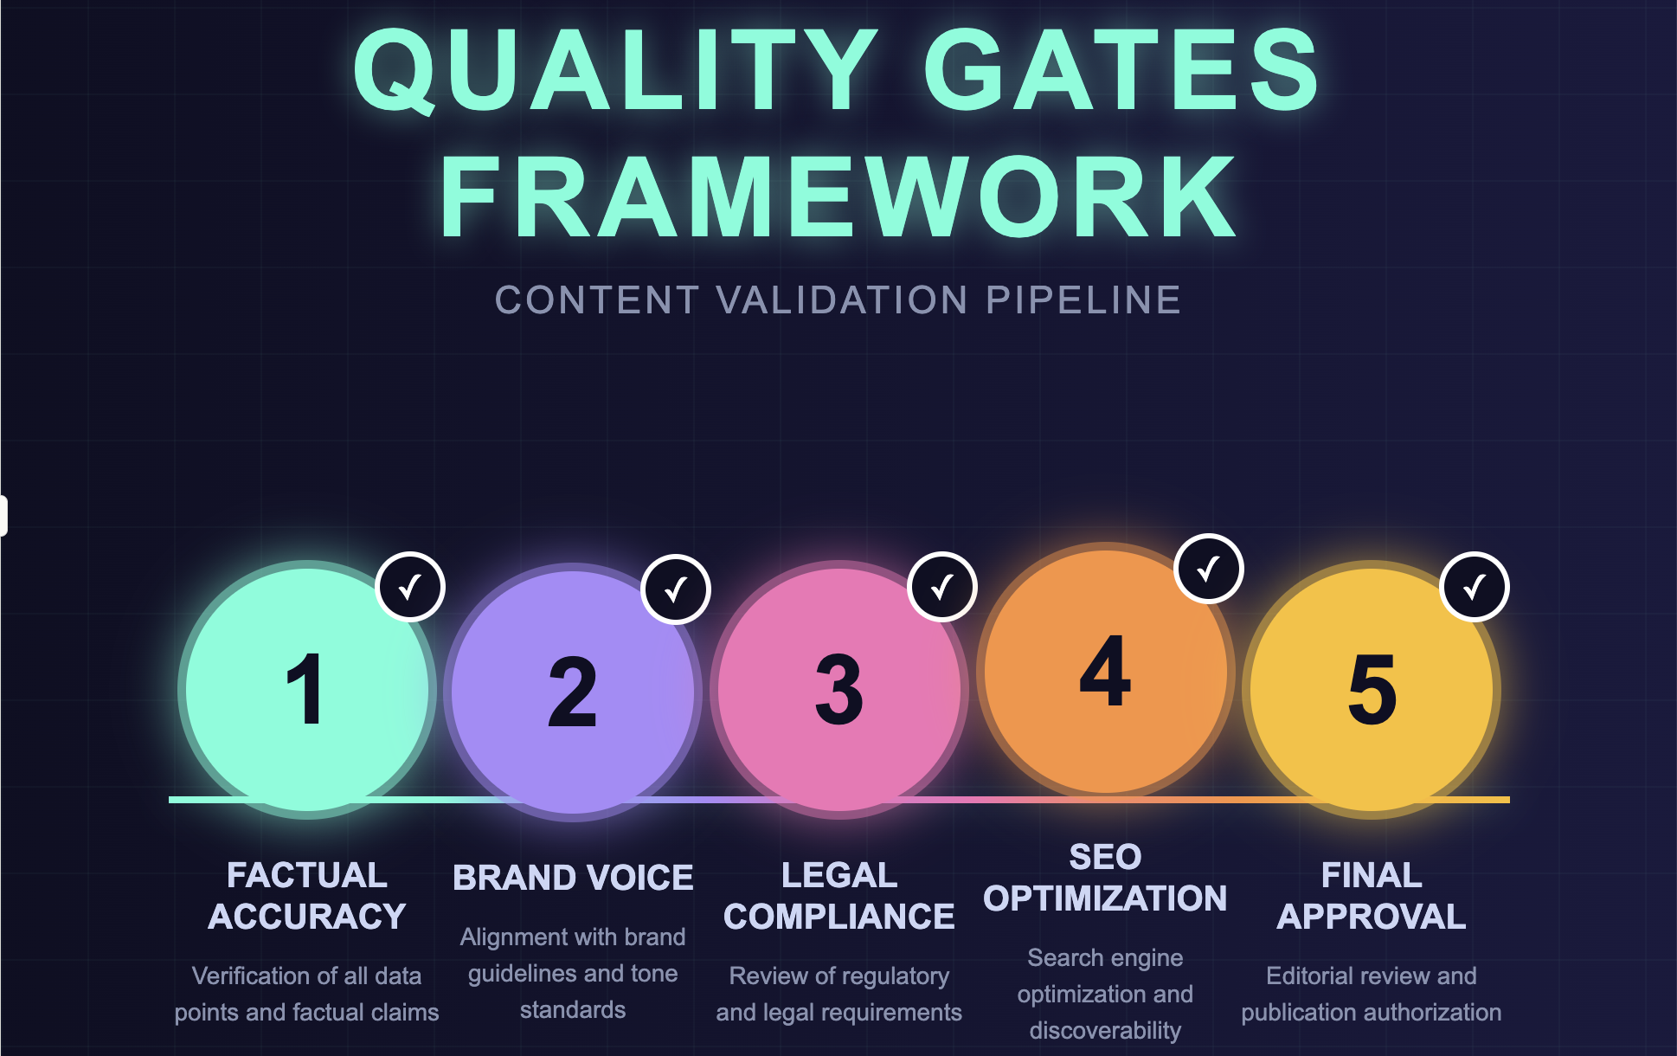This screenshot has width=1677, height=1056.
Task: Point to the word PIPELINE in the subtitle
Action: coord(1083,300)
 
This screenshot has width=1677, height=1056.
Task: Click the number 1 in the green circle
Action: coord(305,690)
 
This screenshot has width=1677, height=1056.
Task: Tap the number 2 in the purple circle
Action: coord(572,692)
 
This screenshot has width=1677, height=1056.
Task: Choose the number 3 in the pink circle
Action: coord(838,690)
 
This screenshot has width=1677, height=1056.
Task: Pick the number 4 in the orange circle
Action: coord(1105,672)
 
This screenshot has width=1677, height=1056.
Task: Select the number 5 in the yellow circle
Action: coord(1372,690)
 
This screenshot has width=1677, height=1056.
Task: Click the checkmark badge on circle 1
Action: coord(410,587)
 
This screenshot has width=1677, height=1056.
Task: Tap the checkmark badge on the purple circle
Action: coord(676,589)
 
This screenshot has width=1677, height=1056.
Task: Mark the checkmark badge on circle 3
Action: coord(942,587)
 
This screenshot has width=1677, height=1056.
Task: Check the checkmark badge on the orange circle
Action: coord(1209,569)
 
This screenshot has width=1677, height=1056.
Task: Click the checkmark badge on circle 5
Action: coord(1475,587)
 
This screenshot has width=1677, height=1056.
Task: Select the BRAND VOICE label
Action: coord(573,878)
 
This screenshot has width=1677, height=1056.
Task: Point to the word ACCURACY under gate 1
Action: coord(307,917)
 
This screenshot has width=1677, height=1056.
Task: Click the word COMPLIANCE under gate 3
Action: coord(838,917)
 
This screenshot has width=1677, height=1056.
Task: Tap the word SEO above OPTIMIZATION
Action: coord(1105,857)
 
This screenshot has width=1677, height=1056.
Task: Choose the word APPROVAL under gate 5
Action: coord(1372,917)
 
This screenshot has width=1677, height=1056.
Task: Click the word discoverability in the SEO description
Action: coord(1105,1030)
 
